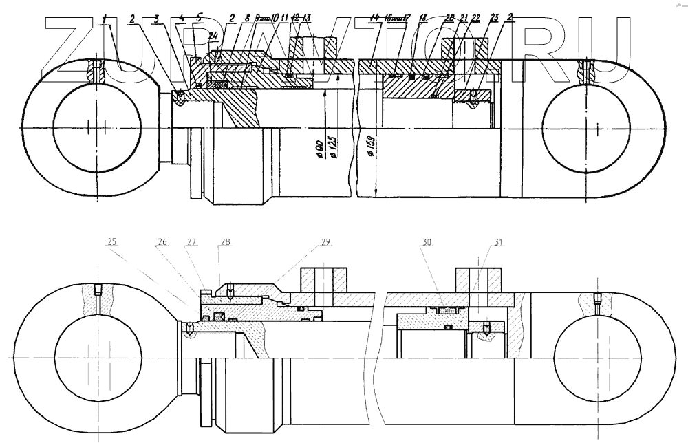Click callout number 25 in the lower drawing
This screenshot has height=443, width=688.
click(112, 242)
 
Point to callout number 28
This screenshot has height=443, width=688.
click(226, 242)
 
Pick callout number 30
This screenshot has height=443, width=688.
click(427, 242)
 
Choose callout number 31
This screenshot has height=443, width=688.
click(499, 242)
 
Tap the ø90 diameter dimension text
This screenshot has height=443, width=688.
click(320, 151)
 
